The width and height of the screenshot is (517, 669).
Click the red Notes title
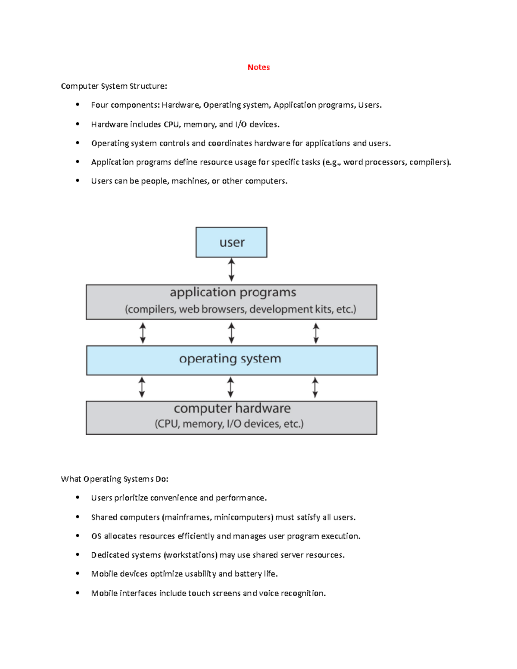[x=258, y=67]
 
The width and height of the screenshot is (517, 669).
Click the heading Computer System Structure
[x=114, y=86]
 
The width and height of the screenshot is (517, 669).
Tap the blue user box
[x=231, y=243]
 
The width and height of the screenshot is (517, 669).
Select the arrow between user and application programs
[x=231, y=270]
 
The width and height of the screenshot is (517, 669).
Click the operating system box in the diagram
[x=231, y=360]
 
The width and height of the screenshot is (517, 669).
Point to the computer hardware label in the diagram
[x=232, y=408]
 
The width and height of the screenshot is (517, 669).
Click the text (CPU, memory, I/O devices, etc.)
[x=229, y=424]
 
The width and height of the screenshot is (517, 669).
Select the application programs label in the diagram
[x=233, y=292]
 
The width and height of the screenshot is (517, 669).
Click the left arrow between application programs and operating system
[x=143, y=333]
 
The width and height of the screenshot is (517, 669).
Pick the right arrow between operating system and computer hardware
[x=315, y=387]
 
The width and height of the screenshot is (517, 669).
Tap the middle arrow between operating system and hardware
[x=230, y=387]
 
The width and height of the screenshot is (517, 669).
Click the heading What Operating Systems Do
[x=115, y=479]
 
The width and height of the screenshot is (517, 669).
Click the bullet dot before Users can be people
[x=78, y=181]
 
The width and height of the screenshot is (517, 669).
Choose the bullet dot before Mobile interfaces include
[x=78, y=593]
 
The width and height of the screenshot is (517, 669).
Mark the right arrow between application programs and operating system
[x=316, y=333]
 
